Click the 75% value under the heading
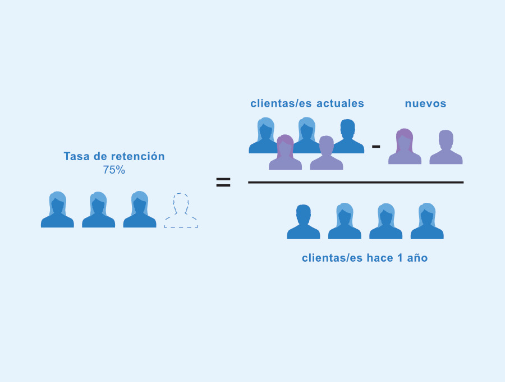tap(114, 170)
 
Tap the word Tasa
tap(77, 156)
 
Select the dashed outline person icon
tap(181, 211)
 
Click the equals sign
tap(223, 182)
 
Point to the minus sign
tap(376, 147)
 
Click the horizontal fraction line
tap(356, 183)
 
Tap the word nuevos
tap(425, 103)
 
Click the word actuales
tap(340, 103)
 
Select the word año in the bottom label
tap(417, 258)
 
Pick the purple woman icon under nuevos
tap(405, 147)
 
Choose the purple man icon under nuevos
tap(446, 147)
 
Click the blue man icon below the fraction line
tap(304, 221)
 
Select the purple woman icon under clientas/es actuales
tap(286, 152)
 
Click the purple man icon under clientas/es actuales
tap(327, 153)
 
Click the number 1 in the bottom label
tap(400, 258)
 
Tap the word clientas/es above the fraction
tap(281, 103)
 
